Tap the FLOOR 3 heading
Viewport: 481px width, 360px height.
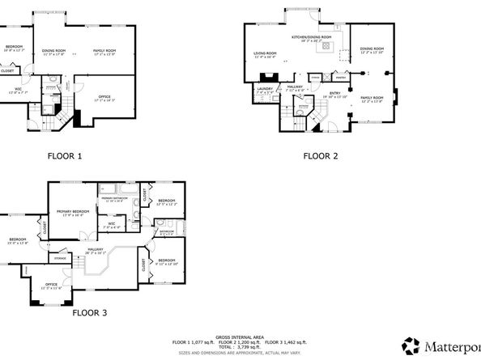click(x=89, y=311)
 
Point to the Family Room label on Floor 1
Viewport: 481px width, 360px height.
click(x=105, y=52)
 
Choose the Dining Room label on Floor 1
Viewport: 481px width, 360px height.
click(x=53, y=52)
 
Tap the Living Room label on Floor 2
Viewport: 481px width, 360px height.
click(x=265, y=54)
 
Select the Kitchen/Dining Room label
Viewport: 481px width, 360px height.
click(x=312, y=38)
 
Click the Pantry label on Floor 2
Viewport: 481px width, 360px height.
click(x=341, y=79)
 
